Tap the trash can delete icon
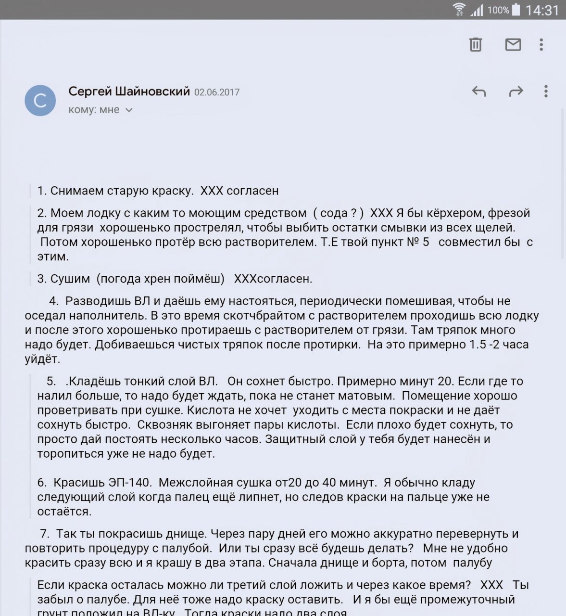(475, 44)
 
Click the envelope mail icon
(513, 44)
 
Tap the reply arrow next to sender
(479, 91)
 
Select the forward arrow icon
(516, 91)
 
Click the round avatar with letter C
(40, 101)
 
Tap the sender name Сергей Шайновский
(129, 91)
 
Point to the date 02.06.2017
(217, 92)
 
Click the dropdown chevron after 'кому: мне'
(129, 110)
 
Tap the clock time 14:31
(542, 10)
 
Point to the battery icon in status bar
(516, 10)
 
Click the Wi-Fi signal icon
(459, 10)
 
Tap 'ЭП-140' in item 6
(130, 482)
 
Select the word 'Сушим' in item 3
(70, 279)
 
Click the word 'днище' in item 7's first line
(186, 534)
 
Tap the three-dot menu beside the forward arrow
(546, 91)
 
